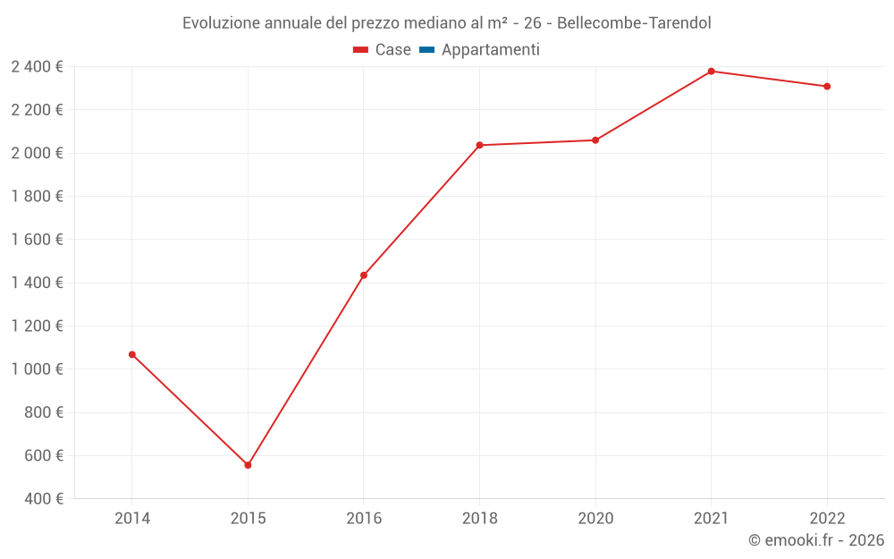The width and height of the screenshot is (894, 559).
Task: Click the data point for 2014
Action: (132, 355)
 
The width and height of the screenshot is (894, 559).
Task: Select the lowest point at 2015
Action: (248, 465)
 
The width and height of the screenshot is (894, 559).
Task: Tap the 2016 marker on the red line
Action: (364, 275)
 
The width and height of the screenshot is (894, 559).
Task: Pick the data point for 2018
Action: (479, 145)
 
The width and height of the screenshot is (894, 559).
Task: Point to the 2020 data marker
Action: (595, 140)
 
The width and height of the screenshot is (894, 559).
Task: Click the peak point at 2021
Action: (711, 72)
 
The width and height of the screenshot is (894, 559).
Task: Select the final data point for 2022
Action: (827, 87)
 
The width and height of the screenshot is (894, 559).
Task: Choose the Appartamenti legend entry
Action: (490, 50)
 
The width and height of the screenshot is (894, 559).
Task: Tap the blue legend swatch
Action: (426, 50)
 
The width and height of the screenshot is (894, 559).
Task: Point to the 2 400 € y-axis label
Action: (37, 67)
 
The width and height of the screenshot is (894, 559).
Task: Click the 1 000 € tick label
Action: (37, 369)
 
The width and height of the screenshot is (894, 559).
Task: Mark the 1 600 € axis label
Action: (37, 240)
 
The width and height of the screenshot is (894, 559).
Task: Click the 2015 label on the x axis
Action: (248, 518)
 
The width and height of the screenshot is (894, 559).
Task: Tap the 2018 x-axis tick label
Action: (479, 518)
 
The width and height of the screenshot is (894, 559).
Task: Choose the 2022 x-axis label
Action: (827, 518)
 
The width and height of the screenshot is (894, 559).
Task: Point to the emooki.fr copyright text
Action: (816, 540)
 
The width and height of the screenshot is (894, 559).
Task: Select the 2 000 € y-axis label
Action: (37, 153)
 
